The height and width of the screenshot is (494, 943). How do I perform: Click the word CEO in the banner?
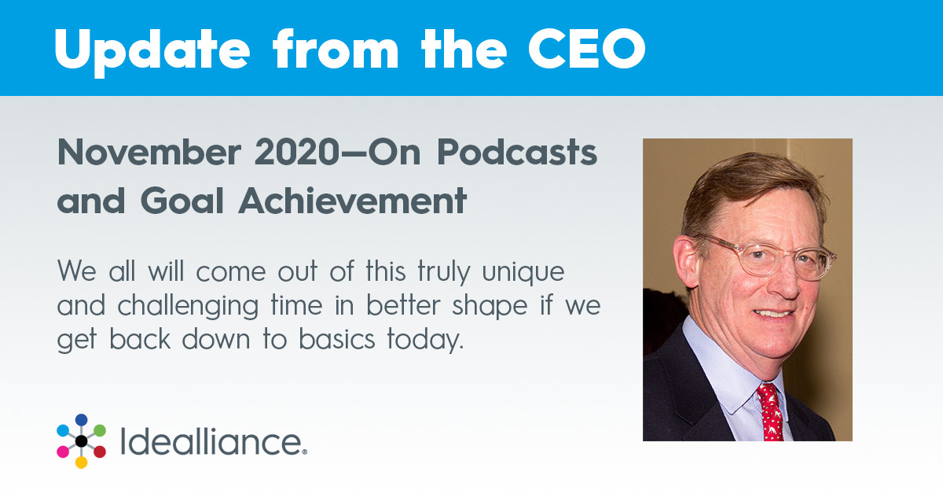[x=587, y=49]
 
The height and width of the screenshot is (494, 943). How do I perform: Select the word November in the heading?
[x=149, y=153]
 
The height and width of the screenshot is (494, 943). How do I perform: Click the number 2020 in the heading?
[x=297, y=153]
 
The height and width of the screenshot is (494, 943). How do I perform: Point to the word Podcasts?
[x=517, y=153]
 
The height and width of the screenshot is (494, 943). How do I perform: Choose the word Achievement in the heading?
[x=353, y=201]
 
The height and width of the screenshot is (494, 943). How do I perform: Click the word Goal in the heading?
[x=182, y=201]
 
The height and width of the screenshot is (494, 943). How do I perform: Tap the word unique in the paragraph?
[x=523, y=273]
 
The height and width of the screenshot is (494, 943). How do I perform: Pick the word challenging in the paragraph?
[x=188, y=307]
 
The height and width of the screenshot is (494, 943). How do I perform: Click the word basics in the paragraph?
[x=337, y=339]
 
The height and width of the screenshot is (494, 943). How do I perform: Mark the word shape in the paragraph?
[x=490, y=307]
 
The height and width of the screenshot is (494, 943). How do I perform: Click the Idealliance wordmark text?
[x=214, y=442]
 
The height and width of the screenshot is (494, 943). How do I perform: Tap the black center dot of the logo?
[x=81, y=441]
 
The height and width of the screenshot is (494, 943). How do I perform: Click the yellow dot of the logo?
[x=81, y=463]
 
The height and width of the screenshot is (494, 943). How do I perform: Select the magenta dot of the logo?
[x=63, y=452]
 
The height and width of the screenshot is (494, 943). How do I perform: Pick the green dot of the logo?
[x=100, y=430]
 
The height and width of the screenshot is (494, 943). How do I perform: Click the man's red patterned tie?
[x=770, y=413]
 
